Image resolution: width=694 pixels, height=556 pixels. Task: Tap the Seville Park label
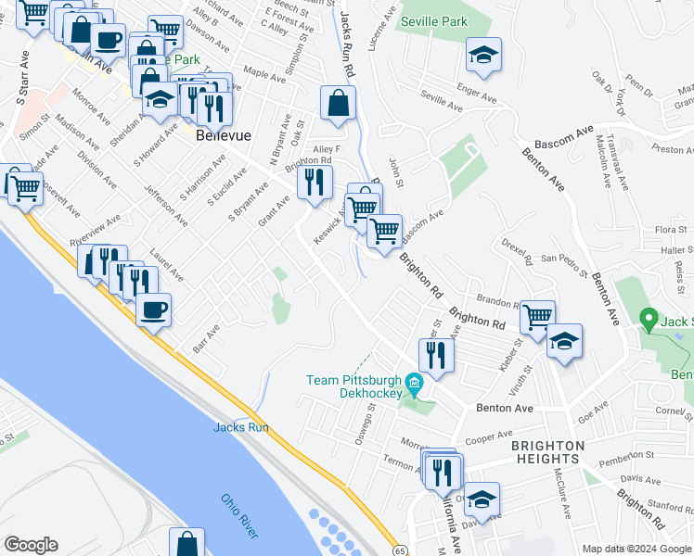click(431, 20)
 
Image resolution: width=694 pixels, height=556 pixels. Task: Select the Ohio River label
click(238, 513)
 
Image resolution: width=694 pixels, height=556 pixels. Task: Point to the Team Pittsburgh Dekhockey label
click(353, 386)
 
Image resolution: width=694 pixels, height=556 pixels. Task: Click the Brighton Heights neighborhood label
click(548, 452)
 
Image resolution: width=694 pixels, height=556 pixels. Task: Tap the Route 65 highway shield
click(397, 550)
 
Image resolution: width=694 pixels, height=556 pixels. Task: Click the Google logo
click(31, 545)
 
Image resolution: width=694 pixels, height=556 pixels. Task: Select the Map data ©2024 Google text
click(637, 549)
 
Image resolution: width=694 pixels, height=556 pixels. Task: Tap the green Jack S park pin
click(649, 321)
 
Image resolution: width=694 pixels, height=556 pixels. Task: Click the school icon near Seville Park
click(483, 56)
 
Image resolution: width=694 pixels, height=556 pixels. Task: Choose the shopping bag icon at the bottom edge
click(186, 544)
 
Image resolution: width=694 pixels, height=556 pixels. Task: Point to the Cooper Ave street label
click(490, 434)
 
